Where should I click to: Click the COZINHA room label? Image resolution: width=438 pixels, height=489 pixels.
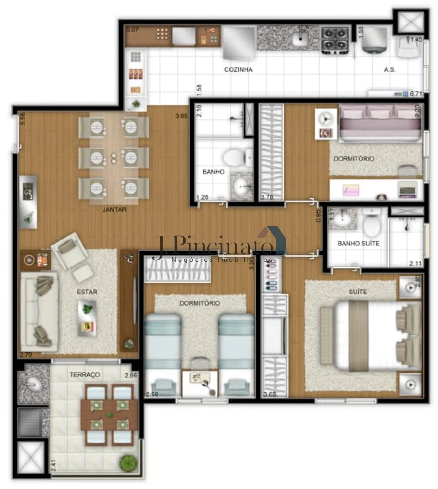click(x=238, y=69)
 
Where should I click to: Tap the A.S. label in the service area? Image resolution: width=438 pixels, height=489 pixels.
click(x=390, y=70)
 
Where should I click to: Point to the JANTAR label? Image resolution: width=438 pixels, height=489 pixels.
click(x=115, y=209)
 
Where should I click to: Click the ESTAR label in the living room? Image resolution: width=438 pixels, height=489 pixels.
click(x=87, y=292)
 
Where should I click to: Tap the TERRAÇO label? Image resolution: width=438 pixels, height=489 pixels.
click(x=85, y=375)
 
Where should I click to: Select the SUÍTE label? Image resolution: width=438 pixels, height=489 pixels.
click(x=358, y=292)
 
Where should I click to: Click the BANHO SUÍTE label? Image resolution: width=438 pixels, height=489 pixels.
click(x=358, y=244)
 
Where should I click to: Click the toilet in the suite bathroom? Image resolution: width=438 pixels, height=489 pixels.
click(x=372, y=224)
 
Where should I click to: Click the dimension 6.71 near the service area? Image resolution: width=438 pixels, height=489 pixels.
click(x=416, y=94)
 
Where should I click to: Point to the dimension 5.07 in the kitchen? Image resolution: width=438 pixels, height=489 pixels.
click(x=132, y=30)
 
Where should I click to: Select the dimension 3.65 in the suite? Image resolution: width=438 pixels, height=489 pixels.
click(x=269, y=394)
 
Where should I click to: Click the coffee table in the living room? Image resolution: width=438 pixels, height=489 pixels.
click(x=87, y=318)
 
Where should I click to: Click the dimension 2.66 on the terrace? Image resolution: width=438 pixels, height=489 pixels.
click(x=131, y=375)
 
